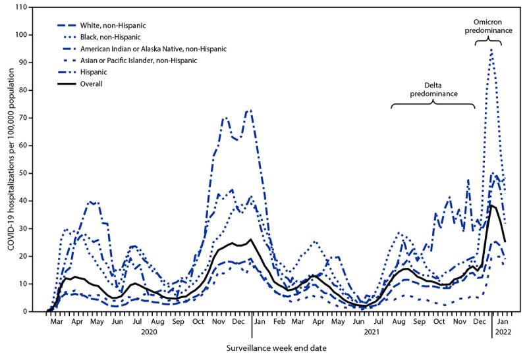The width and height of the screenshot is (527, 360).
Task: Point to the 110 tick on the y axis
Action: [x=31, y=7]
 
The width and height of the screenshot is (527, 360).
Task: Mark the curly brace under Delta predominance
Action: [x=433, y=105]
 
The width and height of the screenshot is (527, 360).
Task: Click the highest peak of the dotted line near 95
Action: [x=491, y=49]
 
